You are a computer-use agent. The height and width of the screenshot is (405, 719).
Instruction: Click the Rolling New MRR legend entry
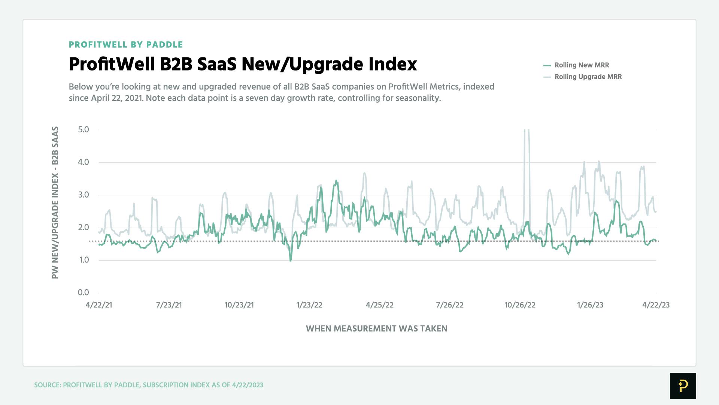pyautogui.click(x=581, y=65)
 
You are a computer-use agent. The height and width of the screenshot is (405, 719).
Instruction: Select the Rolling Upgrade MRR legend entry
pyautogui.click(x=588, y=76)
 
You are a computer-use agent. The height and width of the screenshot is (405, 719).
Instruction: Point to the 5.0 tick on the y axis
pyautogui.click(x=84, y=130)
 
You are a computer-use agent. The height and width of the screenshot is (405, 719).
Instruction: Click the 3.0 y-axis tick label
pyautogui.click(x=84, y=195)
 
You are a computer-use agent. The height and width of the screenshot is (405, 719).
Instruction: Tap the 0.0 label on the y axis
pyautogui.click(x=84, y=292)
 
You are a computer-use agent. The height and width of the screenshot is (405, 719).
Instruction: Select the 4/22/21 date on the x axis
pyautogui.click(x=99, y=305)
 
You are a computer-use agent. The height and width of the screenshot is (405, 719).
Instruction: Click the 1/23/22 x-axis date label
pyautogui.click(x=309, y=305)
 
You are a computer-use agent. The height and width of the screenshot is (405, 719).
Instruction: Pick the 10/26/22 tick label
pyautogui.click(x=520, y=305)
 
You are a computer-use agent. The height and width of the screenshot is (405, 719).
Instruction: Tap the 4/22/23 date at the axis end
pyautogui.click(x=656, y=305)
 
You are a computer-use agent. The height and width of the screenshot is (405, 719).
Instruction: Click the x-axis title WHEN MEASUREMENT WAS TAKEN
pyautogui.click(x=376, y=328)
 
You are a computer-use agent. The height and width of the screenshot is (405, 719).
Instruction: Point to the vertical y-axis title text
pyautogui.click(x=55, y=202)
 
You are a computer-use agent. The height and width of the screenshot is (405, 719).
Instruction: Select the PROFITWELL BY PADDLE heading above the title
pyautogui.click(x=126, y=45)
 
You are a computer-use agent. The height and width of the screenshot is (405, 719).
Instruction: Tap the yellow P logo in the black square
pyautogui.click(x=683, y=385)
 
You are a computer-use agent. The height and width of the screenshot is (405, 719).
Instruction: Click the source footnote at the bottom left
pyautogui.click(x=149, y=385)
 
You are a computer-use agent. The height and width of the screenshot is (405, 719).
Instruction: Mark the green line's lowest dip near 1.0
pyautogui.click(x=291, y=260)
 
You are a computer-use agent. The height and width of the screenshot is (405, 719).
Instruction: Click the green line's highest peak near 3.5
pyautogui.click(x=336, y=181)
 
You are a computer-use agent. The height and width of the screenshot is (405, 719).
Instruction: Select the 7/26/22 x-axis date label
pyautogui.click(x=449, y=305)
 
